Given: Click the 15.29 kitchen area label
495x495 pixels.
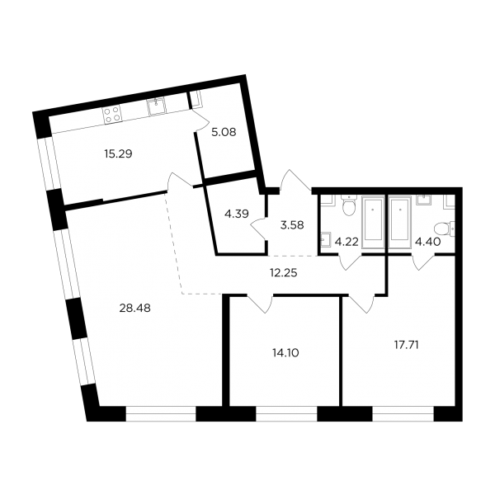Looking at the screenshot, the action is pos(118,154).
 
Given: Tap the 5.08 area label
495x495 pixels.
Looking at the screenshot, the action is pos(224,132).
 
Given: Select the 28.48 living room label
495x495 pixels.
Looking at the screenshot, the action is pos(134,308).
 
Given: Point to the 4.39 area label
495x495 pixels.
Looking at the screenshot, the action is pos(237,214).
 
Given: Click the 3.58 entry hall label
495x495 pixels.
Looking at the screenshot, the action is pos(292,225).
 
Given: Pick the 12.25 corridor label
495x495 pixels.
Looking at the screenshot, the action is pos(283,272).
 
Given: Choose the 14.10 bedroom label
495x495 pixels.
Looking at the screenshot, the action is pos(285,352).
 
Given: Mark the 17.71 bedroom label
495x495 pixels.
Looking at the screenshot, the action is pos(406,345).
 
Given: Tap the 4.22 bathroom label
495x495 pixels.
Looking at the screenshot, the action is pos(346,242).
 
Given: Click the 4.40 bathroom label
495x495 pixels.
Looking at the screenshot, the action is pos(427,242).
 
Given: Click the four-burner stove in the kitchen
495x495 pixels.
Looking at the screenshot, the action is pos(112,115).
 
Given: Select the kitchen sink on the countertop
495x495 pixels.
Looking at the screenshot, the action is pos(156,106).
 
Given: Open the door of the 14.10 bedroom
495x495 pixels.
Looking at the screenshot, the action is pos(260,304).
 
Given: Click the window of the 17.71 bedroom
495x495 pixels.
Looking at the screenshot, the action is pos(403,413).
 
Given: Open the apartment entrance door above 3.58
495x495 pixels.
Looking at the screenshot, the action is pos(295,181).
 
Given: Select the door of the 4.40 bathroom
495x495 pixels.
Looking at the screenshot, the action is pos(424,262).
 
